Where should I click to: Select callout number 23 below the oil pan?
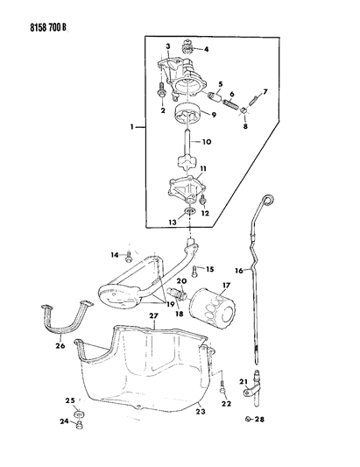200,411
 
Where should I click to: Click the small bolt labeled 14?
129,256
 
